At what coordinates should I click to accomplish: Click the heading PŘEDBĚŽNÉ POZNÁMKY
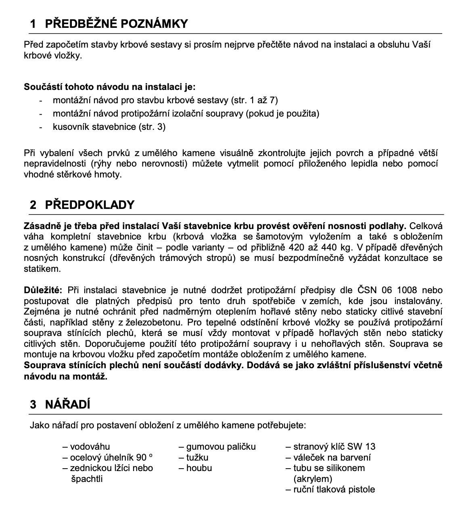tap(116, 23)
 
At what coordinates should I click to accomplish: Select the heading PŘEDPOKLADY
tap(89, 204)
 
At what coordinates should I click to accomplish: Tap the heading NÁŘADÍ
tap(67, 405)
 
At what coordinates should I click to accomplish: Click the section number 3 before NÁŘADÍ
tap(33, 405)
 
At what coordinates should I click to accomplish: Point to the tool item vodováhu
tap(90, 446)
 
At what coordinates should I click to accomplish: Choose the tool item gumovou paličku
tap(221, 446)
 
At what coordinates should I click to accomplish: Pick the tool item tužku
tap(197, 457)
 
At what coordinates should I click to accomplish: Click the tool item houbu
tap(199, 468)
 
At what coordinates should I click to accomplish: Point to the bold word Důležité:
tap(43, 290)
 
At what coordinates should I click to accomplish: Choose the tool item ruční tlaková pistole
tap(334, 489)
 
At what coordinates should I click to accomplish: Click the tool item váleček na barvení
tap(332, 457)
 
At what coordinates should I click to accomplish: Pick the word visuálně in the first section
tap(236, 153)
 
